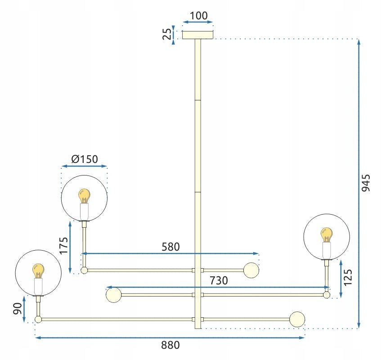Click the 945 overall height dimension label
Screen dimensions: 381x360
365,183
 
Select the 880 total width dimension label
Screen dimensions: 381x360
170,345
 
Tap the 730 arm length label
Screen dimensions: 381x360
219,281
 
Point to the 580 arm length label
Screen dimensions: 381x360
170,247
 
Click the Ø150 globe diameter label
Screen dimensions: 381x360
85,159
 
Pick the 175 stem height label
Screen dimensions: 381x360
64,246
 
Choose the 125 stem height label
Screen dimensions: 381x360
347,277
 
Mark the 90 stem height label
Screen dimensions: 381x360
18,309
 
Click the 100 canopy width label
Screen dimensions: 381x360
198,16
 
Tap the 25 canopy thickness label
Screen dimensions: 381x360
167,34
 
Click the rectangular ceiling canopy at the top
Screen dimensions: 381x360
198,35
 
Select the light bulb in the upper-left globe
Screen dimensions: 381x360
84,196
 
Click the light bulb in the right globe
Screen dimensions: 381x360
327,235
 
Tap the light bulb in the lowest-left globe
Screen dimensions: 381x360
38,271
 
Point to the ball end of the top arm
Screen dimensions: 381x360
251,270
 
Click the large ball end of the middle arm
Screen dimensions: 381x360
114,295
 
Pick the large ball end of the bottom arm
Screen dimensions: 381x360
297,319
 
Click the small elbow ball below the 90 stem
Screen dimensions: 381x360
38,319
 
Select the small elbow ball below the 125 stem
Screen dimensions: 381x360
327,295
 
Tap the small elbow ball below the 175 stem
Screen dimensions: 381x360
84,270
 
